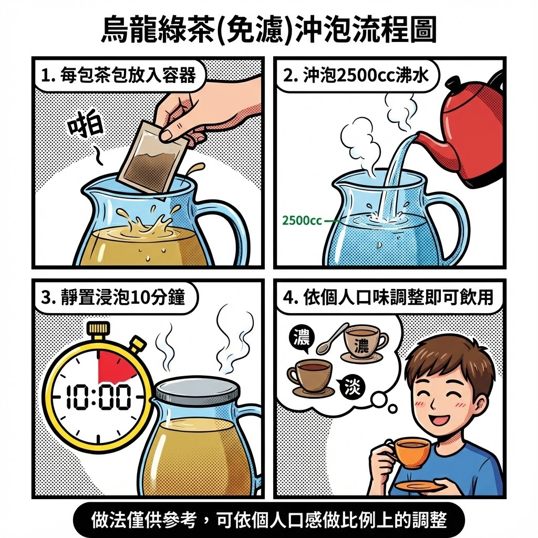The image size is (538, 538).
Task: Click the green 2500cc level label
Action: click(x=302, y=220)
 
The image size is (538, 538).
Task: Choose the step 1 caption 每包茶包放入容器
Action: click(x=118, y=76)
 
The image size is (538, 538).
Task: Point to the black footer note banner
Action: click(x=269, y=520)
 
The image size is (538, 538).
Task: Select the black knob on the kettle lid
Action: click(x=452, y=83)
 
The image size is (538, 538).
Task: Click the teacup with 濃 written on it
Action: click(x=364, y=342)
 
